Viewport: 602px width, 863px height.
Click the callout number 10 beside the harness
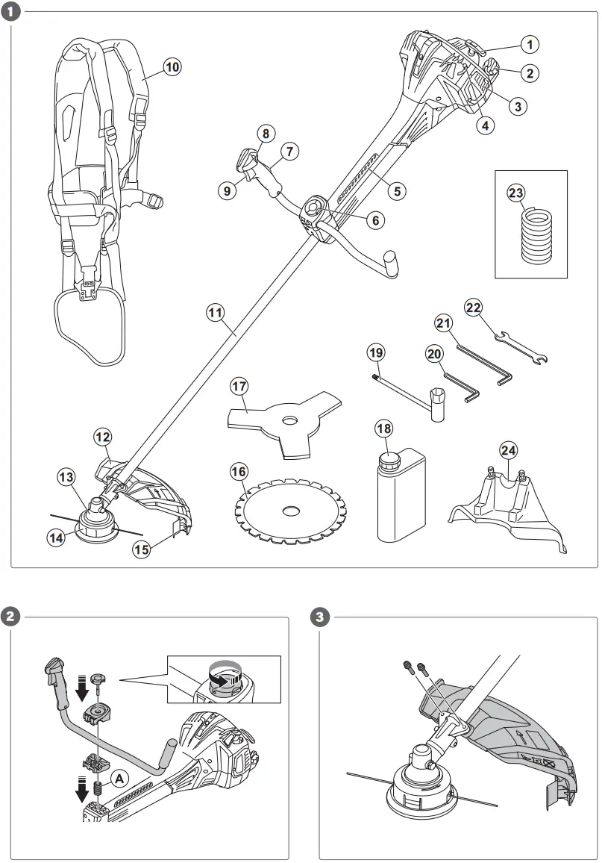coord(172,67)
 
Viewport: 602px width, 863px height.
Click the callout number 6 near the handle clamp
coord(375,220)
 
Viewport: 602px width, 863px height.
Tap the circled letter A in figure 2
coord(118,777)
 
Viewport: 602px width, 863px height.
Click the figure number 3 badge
coord(320,617)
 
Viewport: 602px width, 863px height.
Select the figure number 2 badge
coord(12,617)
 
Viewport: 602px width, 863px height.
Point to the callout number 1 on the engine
coord(529,45)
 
